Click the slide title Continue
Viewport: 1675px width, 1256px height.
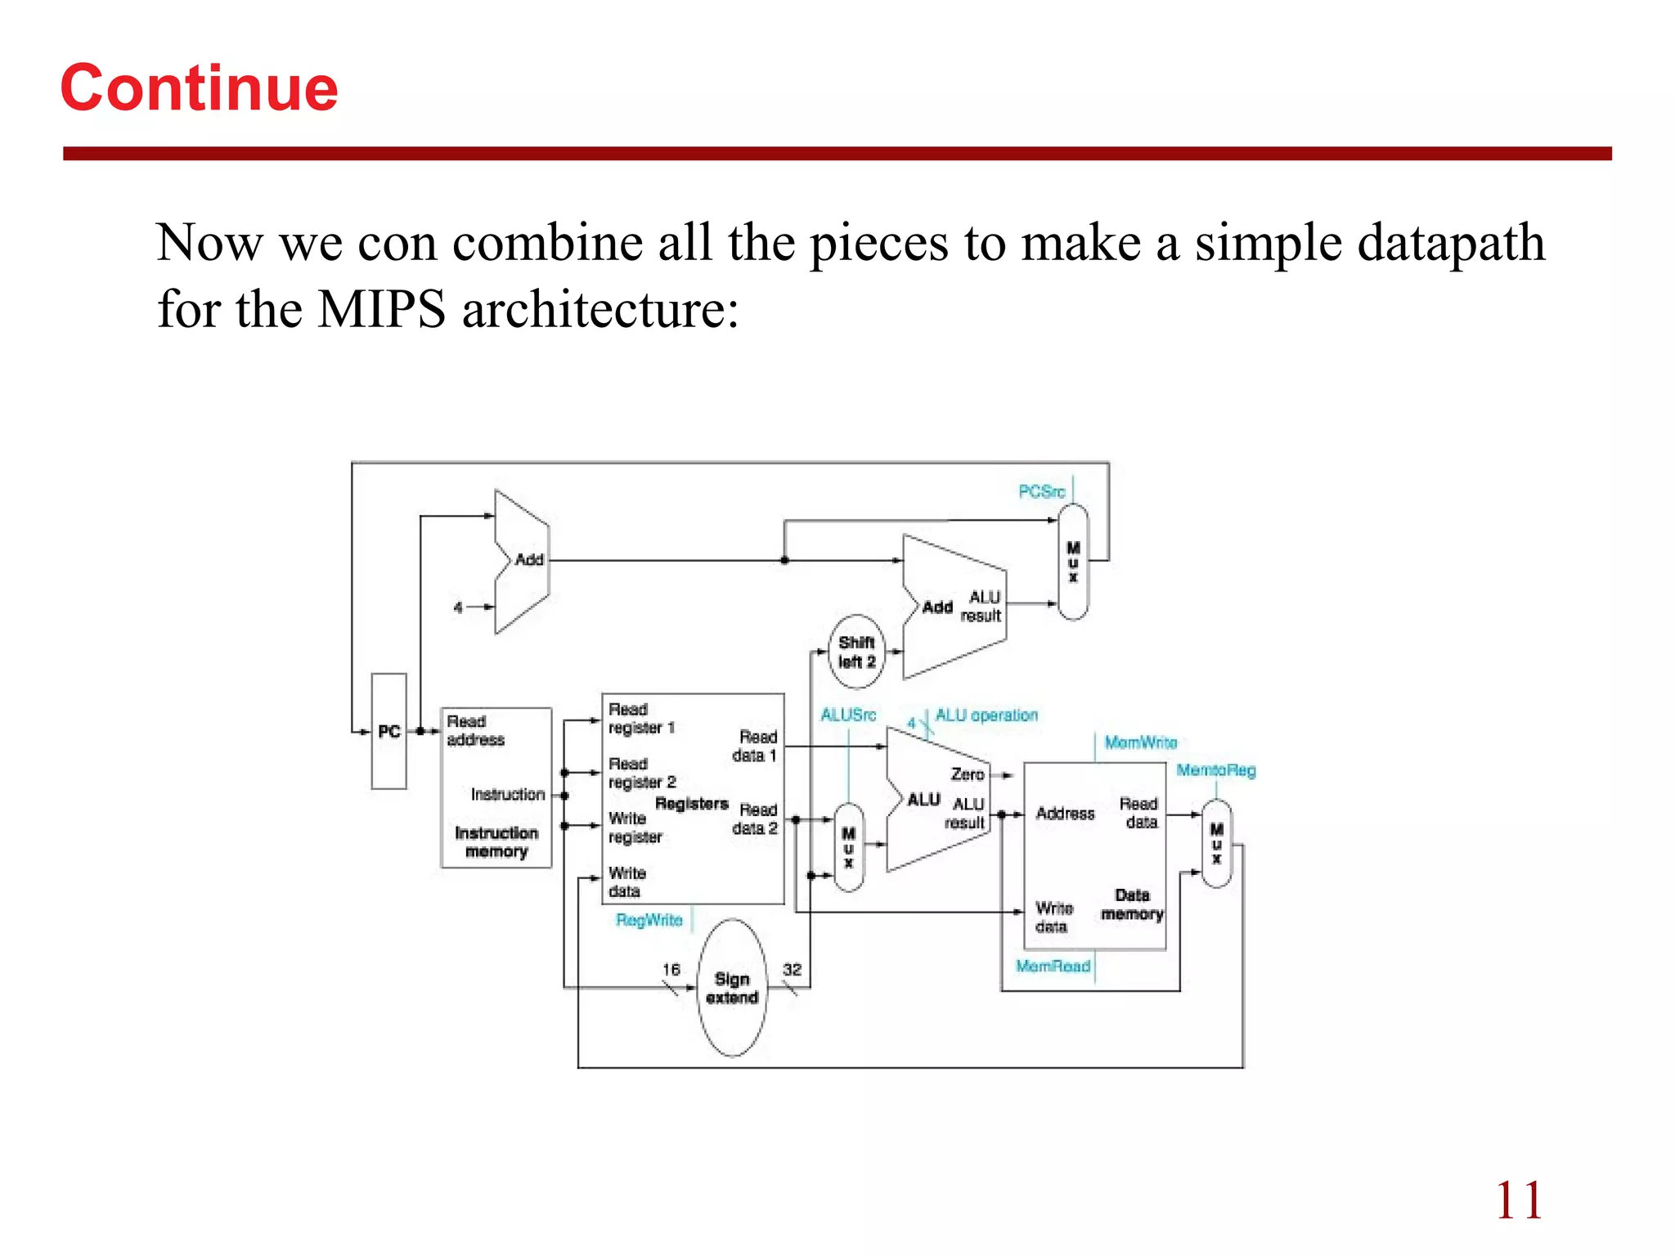click(x=199, y=87)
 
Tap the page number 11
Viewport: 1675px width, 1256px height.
click(x=1519, y=1200)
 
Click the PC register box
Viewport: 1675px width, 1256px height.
click(x=389, y=731)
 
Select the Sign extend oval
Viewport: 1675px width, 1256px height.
click(x=732, y=988)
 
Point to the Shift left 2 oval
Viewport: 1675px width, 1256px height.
click(x=856, y=652)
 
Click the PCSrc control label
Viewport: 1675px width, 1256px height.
click(x=1041, y=491)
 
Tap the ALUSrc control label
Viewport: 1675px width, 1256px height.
click(x=848, y=715)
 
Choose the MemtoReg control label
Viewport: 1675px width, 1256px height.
click(x=1215, y=770)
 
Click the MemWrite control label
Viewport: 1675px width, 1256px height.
click(x=1140, y=742)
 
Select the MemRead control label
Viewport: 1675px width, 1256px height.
click(x=1053, y=967)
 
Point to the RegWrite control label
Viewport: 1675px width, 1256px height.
click(x=649, y=920)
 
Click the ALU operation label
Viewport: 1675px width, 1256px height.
click(x=986, y=715)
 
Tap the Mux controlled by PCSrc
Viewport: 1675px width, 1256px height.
click(x=1073, y=562)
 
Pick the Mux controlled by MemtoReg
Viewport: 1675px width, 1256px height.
click(x=1216, y=844)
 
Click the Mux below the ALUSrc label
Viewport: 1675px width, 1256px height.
click(x=849, y=847)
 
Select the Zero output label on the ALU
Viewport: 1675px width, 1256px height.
click(x=967, y=774)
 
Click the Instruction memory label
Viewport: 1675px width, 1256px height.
click(x=496, y=842)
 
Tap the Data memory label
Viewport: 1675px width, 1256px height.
click(x=1132, y=904)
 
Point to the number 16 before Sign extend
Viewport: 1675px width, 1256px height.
click(x=671, y=970)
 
